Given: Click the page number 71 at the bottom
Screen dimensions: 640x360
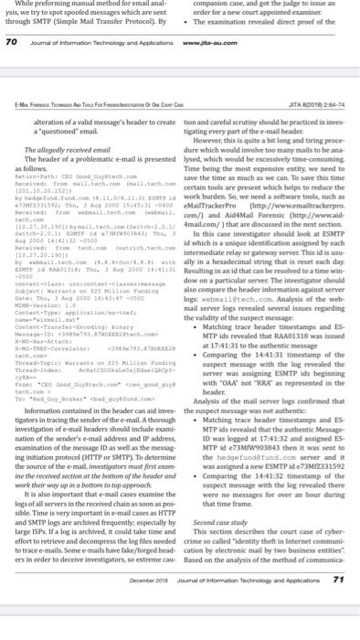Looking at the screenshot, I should tap(341, 629).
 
